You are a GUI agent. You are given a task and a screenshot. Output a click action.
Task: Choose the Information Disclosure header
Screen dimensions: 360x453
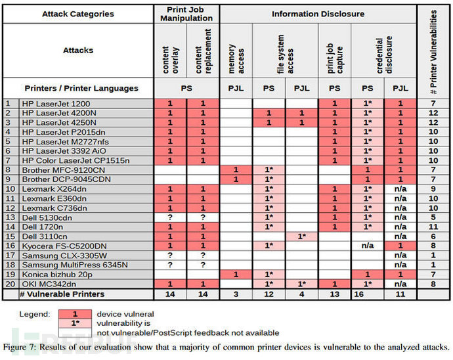[318, 14]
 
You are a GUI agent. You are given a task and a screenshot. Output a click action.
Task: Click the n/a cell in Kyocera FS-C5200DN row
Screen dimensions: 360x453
[367, 245]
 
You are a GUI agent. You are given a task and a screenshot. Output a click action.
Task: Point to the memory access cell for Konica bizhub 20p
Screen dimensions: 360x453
[235, 274]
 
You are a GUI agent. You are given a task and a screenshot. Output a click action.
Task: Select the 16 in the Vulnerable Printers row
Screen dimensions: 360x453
[367, 294]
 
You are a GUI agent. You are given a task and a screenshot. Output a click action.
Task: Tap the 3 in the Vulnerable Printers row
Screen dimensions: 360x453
[235, 294]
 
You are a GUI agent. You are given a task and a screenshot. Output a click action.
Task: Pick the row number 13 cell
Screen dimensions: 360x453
[11, 216]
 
